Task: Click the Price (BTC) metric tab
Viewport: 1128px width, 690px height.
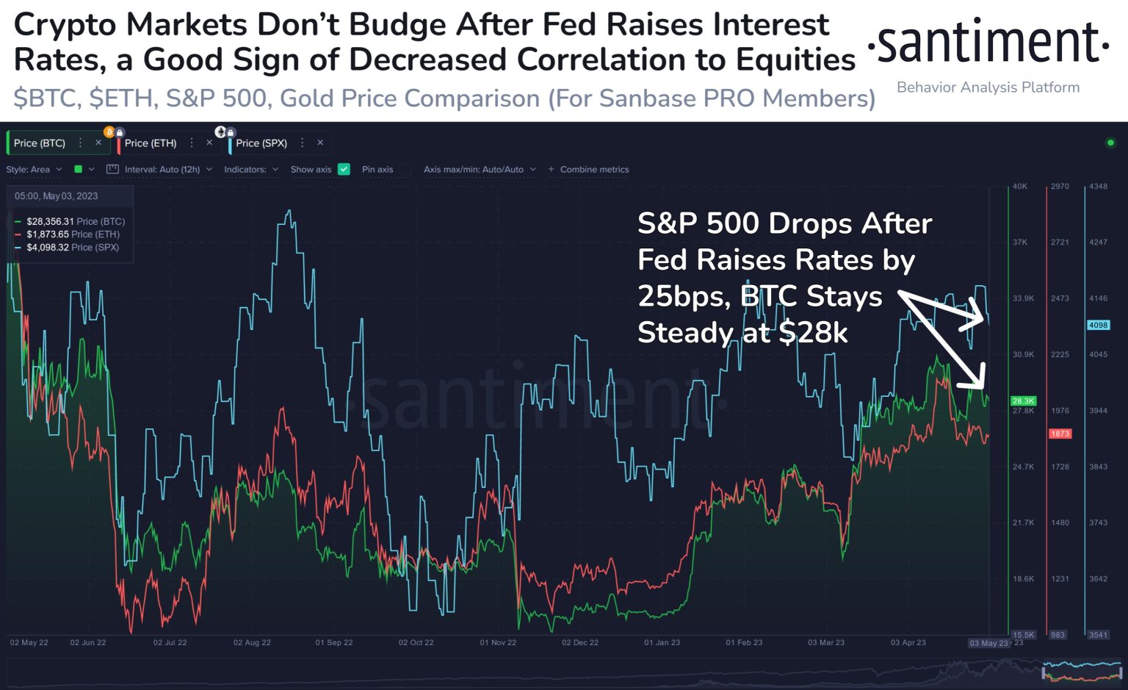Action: [40, 143]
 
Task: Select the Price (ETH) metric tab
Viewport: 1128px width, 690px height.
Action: [151, 143]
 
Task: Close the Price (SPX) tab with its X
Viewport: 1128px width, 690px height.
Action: [320, 143]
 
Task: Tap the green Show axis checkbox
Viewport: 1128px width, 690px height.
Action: [344, 169]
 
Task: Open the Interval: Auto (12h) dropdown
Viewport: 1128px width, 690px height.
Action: [162, 170]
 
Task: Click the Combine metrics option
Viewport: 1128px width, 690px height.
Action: [593, 170]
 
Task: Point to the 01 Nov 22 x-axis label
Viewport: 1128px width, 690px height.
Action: [498, 642]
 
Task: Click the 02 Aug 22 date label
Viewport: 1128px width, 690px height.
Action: [252, 642]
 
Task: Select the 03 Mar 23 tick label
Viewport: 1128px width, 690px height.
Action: [826, 642]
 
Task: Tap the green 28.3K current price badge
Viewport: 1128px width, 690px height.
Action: [1023, 400]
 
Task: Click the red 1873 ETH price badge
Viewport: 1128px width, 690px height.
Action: [1060, 434]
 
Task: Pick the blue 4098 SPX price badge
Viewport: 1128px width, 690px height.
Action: [1098, 325]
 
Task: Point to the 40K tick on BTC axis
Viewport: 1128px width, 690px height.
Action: [1020, 187]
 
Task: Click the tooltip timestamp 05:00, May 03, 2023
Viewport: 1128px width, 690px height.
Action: [56, 196]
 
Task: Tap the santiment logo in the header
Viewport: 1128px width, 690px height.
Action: [988, 44]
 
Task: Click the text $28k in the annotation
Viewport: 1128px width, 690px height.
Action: [813, 333]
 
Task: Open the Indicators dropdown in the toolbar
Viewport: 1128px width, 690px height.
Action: [250, 170]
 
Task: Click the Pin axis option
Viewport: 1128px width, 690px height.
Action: [377, 170]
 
